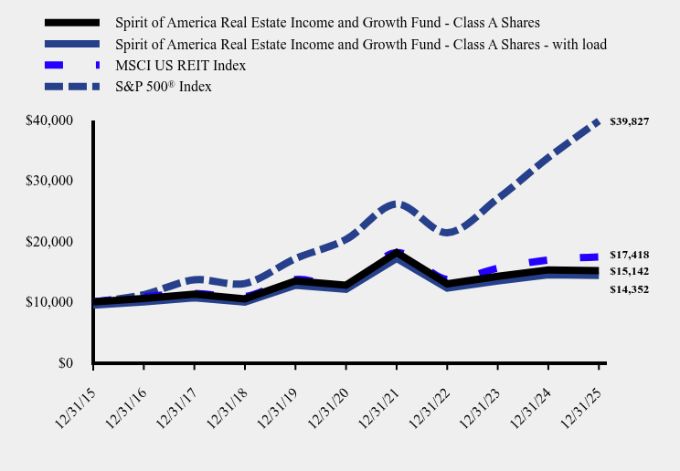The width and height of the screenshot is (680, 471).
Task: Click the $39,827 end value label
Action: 629,121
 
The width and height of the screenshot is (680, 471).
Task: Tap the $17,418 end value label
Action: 629,255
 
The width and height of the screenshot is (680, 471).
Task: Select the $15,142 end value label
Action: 629,271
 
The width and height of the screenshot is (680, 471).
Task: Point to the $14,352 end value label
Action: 629,289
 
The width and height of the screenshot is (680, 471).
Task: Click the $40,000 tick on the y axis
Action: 50,120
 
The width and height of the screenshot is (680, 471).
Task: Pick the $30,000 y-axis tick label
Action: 50,181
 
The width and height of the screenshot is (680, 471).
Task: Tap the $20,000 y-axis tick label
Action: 50,242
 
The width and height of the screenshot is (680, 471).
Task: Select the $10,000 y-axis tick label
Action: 50,302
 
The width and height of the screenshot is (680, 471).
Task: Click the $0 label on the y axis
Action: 65,363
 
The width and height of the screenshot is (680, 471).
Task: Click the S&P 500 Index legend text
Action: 164,87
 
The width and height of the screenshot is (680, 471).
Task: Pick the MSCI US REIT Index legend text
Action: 181,66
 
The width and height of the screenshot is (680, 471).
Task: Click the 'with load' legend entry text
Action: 361,44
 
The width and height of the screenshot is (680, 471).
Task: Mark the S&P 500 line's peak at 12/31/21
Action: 396,204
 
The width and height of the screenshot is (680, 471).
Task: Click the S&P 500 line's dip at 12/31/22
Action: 447,233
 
